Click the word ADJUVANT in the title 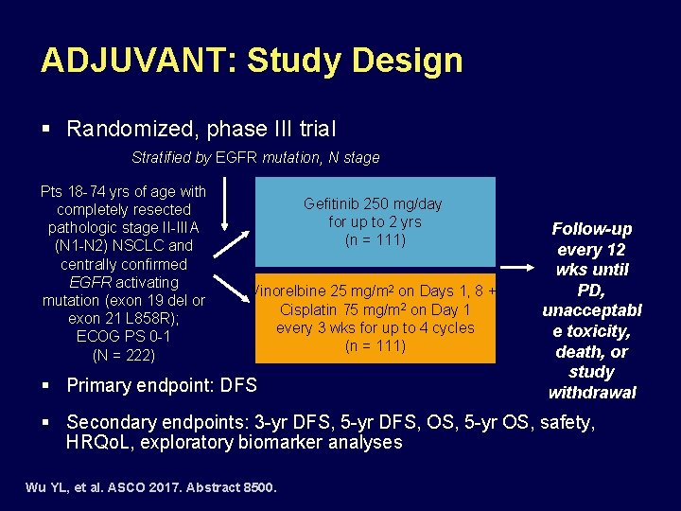point(137,61)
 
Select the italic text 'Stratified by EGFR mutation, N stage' point(255,158)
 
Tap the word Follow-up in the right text point(592,229)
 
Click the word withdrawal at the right point(592,392)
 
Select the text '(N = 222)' point(124,356)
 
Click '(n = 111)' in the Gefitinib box point(374,240)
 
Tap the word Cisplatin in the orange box point(313,309)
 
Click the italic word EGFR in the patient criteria point(92,282)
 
